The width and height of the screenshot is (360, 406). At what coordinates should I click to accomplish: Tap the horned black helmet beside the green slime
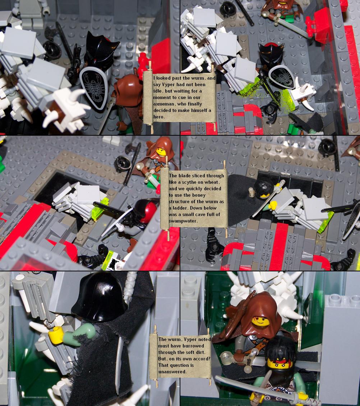tap(271, 54)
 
